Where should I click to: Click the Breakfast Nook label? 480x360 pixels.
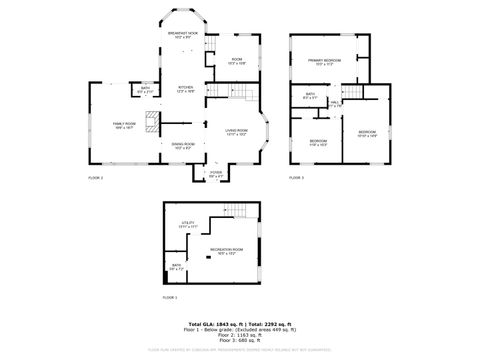pyautogui.click(x=187, y=36)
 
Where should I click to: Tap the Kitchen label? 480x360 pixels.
pyautogui.click(x=186, y=89)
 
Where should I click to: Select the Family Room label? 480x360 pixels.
pyautogui.click(x=124, y=124)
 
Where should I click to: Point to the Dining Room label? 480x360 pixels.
pyautogui.click(x=183, y=146)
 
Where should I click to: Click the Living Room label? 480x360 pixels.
pyautogui.click(x=236, y=131)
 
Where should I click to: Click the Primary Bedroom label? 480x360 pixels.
pyautogui.click(x=324, y=62)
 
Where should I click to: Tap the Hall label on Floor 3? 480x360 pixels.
pyautogui.click(x=335, y=102)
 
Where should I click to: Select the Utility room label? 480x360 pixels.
pyautogui.click(x=187, y=224)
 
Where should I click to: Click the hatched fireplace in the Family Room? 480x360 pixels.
pyautogui.click(x=152, y=123)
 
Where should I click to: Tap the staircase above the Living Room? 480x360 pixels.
pyautogui.click(x=247, y=93)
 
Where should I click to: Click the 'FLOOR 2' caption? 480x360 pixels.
pyautogui.click(x=96, y=177)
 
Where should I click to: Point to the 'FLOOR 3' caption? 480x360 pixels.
pyautogui.click(x=297, y=177)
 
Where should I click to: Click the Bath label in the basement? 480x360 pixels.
pyautogui.click(x=176, y=267)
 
